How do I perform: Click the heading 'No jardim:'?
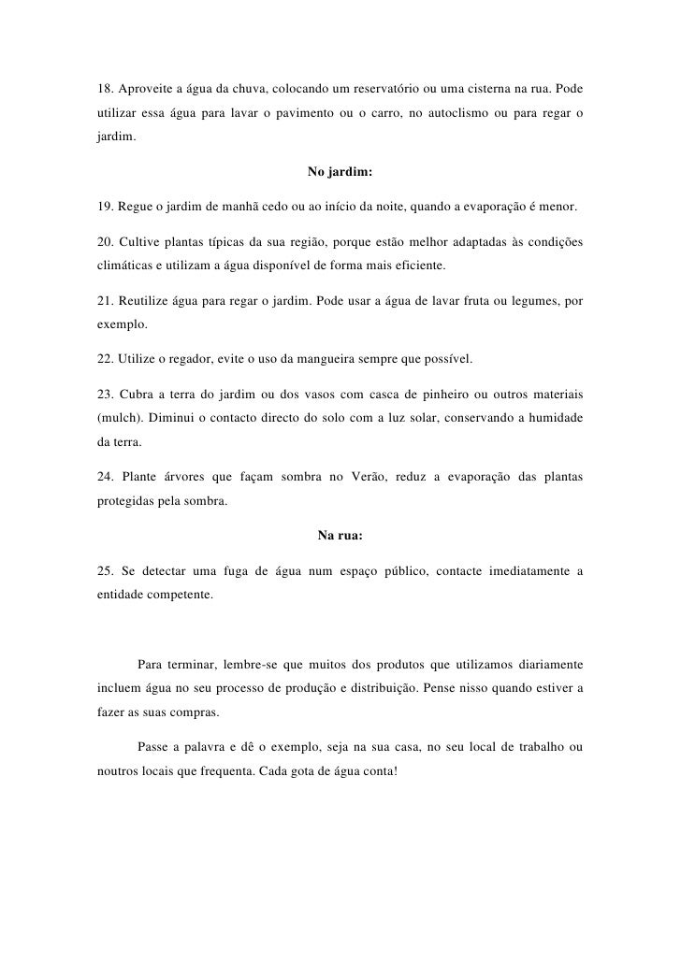click(x=340, y=172)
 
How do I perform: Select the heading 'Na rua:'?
click(x=340, y=537)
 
